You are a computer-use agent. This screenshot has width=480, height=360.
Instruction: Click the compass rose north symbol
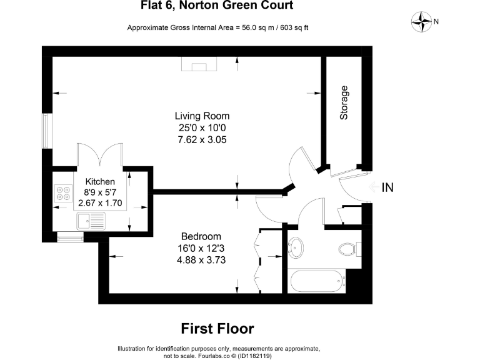pyautogui.click(x=423, y=22)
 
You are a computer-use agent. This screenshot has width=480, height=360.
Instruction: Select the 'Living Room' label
pyautogui.click(x=202, y=116)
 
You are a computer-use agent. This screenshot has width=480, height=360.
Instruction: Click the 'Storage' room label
pyautogui.click(x=344, y=102)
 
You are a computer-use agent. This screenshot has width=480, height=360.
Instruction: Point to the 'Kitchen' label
pyautogui.click(x=100, y=181)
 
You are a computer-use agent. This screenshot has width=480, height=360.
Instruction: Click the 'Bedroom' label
pyautogui.click(x=201, y=236)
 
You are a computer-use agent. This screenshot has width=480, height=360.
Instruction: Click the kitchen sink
pyautogui.click(x=91, y=221)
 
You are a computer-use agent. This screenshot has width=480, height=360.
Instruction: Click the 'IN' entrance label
pyautogui.click(x=387, y=187)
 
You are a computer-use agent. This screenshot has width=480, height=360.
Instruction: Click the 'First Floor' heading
pyautogui.click(x=217, y=328)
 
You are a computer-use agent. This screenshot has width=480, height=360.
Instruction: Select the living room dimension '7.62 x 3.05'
pyautogui.click(x=202, y=140)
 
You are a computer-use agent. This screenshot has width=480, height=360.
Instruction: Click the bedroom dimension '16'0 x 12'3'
pyautogui.click(x=201, y=248)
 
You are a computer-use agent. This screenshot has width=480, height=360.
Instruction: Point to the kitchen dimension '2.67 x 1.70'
pyautogui.click(x=100, y=204)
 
